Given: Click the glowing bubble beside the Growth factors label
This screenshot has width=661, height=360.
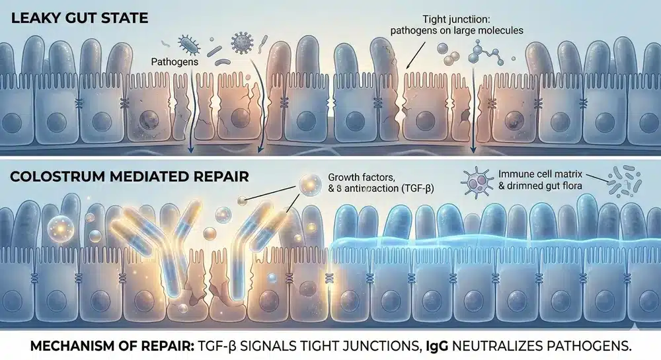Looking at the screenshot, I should [306, 184].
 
